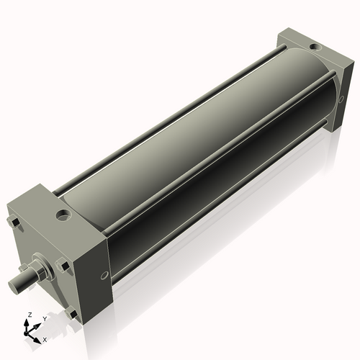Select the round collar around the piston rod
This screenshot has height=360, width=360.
41,269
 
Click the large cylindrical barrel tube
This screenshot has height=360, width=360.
194,137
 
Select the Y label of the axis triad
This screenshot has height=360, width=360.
45,319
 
